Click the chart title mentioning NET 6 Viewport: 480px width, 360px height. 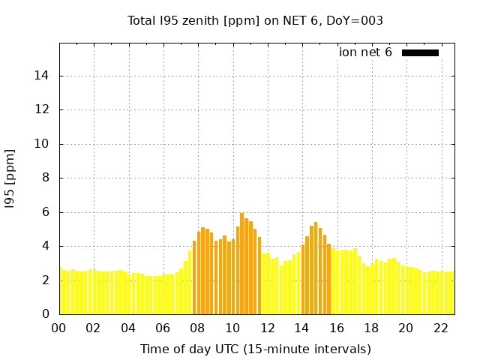[x=255, y=21]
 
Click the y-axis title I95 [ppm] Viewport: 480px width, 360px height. [x=10, y=178]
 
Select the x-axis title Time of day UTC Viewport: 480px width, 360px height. [x=255, y=349]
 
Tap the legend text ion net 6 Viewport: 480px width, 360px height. [x=365, y=52]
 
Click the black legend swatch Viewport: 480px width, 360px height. [x=420, y=52]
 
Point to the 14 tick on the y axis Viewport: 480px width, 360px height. [x=44, y=76]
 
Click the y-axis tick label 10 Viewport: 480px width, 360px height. [x=44, y=144]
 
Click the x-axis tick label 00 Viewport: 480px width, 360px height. [x=59, y=328]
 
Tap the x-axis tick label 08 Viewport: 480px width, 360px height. [x=198, y=328]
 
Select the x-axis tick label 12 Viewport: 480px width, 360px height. [x=267, y=328]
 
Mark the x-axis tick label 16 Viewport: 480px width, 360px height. [x=337, y=328]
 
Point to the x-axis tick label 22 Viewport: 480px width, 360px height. [x=441, y=328]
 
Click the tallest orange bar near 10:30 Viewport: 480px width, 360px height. [x=241, y=262]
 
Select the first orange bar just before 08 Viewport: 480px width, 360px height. [x=194, y=277]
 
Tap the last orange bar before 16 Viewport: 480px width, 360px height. [x=328, y=279]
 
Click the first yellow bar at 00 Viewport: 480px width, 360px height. [x=61, y=291]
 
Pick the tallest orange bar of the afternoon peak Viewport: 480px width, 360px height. [x=316, y=268]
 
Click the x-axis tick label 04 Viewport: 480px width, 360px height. [x=128, y=328]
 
